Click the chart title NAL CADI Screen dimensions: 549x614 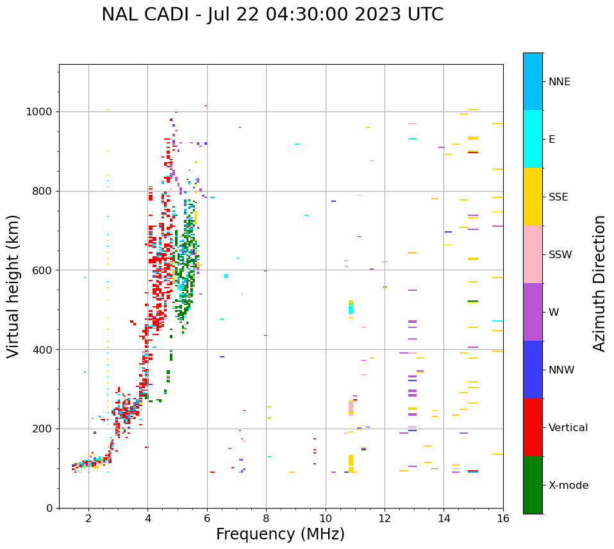pyautogui.click(x=272, y=15)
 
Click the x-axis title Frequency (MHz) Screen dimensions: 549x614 pyautogui.click(x=280, y=534)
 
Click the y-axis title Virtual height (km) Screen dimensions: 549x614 pyautogui.click(x=13, y=286)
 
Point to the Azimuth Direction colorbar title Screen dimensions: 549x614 pyautogui.click(x=599, y=283)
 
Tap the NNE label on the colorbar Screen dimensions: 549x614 pyautogui.click(x=559, y=82)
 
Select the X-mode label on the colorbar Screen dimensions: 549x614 pyautogui.click(x=568, y=486)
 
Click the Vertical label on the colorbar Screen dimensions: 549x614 pyautogui.click(x=568, y=428)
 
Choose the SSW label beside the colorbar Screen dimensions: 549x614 pyautogui.click(x=560, y=255)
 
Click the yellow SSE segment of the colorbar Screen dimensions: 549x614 pyautogui.click(x=533, y=197)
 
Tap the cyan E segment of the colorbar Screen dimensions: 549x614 pyautogui.click(x=533, y=139)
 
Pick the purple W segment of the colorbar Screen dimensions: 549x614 pyautogui.click(x=533, y=312)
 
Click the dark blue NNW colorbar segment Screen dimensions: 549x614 pyautogui.click(x=533, y=370)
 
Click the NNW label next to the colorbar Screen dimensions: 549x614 pyautogui.click(x=561, y=370)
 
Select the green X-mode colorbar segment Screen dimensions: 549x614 pyautogui.click(x=533, y=485)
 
